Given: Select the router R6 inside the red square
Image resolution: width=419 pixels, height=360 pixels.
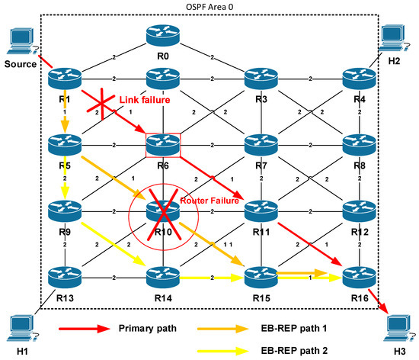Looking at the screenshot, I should [162, 143].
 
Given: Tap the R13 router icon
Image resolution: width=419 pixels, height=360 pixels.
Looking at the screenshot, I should [64, 275].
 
